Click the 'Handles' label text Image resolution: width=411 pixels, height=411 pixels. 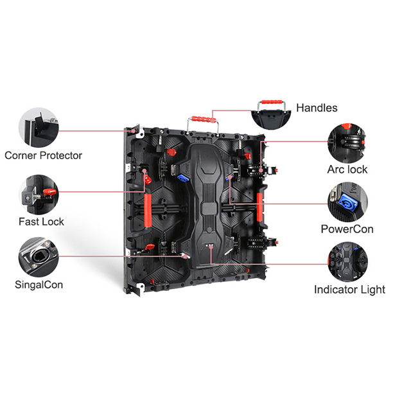pos(317,108)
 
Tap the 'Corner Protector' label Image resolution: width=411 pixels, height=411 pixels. pos(43,155)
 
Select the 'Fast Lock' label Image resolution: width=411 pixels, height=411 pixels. pos(41,222)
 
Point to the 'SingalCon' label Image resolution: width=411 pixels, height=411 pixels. pos(39,285)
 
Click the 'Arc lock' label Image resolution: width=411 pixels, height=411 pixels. pos(347,170)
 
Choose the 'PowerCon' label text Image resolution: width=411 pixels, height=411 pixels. pos(347,229)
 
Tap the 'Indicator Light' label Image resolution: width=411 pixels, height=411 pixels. pos(349,290)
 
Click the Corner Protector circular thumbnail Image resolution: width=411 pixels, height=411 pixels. pos(39,127)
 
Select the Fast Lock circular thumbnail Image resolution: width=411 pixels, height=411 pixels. pos(39,195)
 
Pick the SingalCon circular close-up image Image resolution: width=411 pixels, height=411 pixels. pos(39,257)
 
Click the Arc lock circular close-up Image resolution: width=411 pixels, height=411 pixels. pos(347,143)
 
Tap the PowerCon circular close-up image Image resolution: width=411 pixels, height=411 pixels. pos(347,202)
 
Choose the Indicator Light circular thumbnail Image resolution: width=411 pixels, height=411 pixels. pos(347,262)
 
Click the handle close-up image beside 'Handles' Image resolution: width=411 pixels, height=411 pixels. pos(271,115)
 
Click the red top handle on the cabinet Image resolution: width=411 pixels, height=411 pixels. pos(204,119)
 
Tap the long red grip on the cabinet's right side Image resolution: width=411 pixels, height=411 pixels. pos(259,207)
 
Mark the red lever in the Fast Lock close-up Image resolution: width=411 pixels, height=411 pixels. pos(50,193)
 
